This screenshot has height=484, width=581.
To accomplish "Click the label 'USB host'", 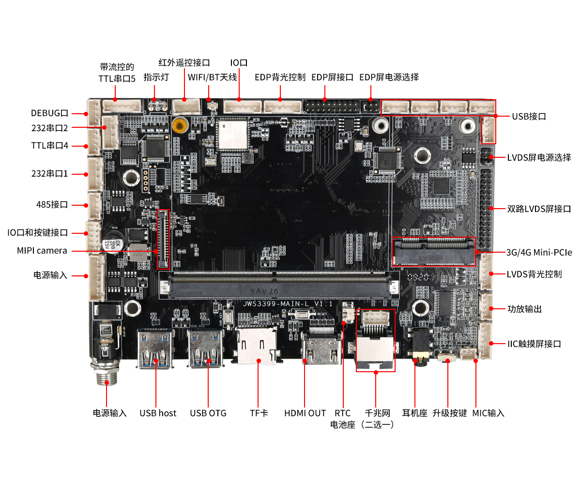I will [x=158, y=413].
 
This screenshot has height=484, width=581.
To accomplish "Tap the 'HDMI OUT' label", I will [x=305, y=413].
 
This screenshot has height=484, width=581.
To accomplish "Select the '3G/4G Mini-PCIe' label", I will [x=539, y=252].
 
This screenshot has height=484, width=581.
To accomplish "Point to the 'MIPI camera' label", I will [x=42, y=251].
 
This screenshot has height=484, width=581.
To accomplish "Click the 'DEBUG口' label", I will [x=49, y=113].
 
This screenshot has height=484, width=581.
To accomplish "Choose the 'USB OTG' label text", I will [x=208, y=413].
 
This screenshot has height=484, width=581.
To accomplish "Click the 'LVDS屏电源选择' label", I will [x=539, y=157].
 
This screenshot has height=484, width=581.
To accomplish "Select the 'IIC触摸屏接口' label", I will [x=534, y=344].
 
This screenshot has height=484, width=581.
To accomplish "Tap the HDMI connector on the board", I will [x=321, y=348].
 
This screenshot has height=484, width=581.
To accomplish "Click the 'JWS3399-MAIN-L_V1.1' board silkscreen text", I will [x=288, y=303].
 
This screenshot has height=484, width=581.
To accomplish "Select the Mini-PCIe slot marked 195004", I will [x=434, y=252].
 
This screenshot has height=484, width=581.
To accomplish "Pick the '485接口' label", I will [x=52, y=204].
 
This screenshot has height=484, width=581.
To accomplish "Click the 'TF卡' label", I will [x=259, y=413].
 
